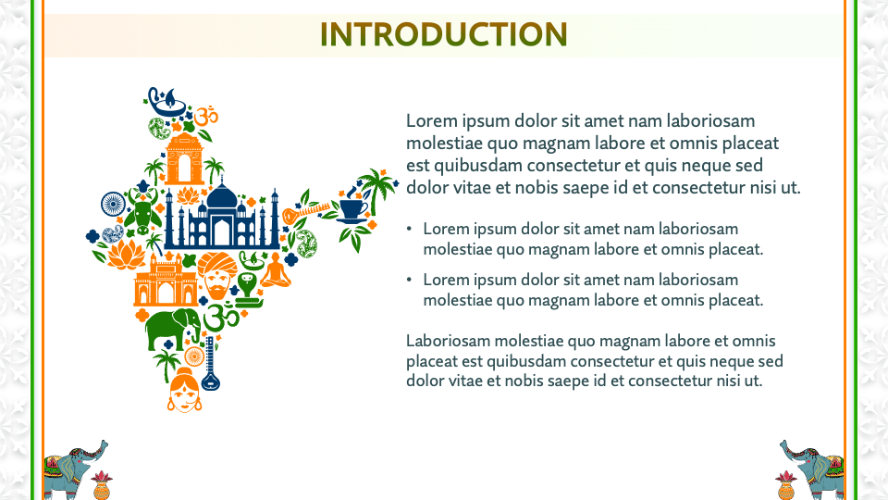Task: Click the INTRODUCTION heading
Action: click(443, 34)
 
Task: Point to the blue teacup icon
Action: click(351, 209)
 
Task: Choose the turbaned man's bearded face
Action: click(216, 278)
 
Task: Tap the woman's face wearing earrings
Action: click(183, 389)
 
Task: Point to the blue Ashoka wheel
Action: click(113, 203)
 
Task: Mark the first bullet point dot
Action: click(411, 229)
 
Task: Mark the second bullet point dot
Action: click(411, 280)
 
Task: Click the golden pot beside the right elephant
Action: click(786, 483)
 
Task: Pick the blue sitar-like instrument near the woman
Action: click(210, 363)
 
